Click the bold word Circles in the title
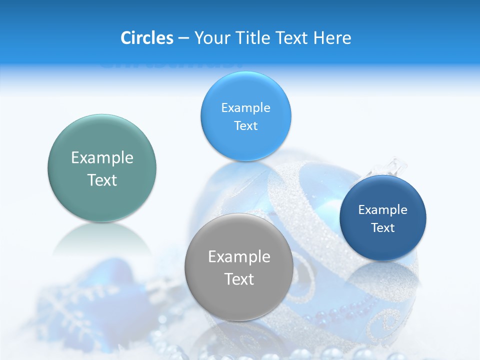pyautogui.click(x=147, y=38)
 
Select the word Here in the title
pyautogui.click(x=332, y=38)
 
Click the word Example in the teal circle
pyautogui.click(x=102, y=158)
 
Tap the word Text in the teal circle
pyautogui.click(x=102, y=180)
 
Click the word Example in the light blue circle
pyautogui.click(x=245, y=108)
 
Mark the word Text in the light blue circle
pyautogui.click(x=245, y=126)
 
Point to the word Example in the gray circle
pyautogui.click(x=239, y=257)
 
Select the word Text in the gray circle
pyautogui.click(x=239, y=279)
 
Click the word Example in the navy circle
pyautogui.click(x=383, y=210)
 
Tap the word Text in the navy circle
pyautogui.click(x=383, y=228)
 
